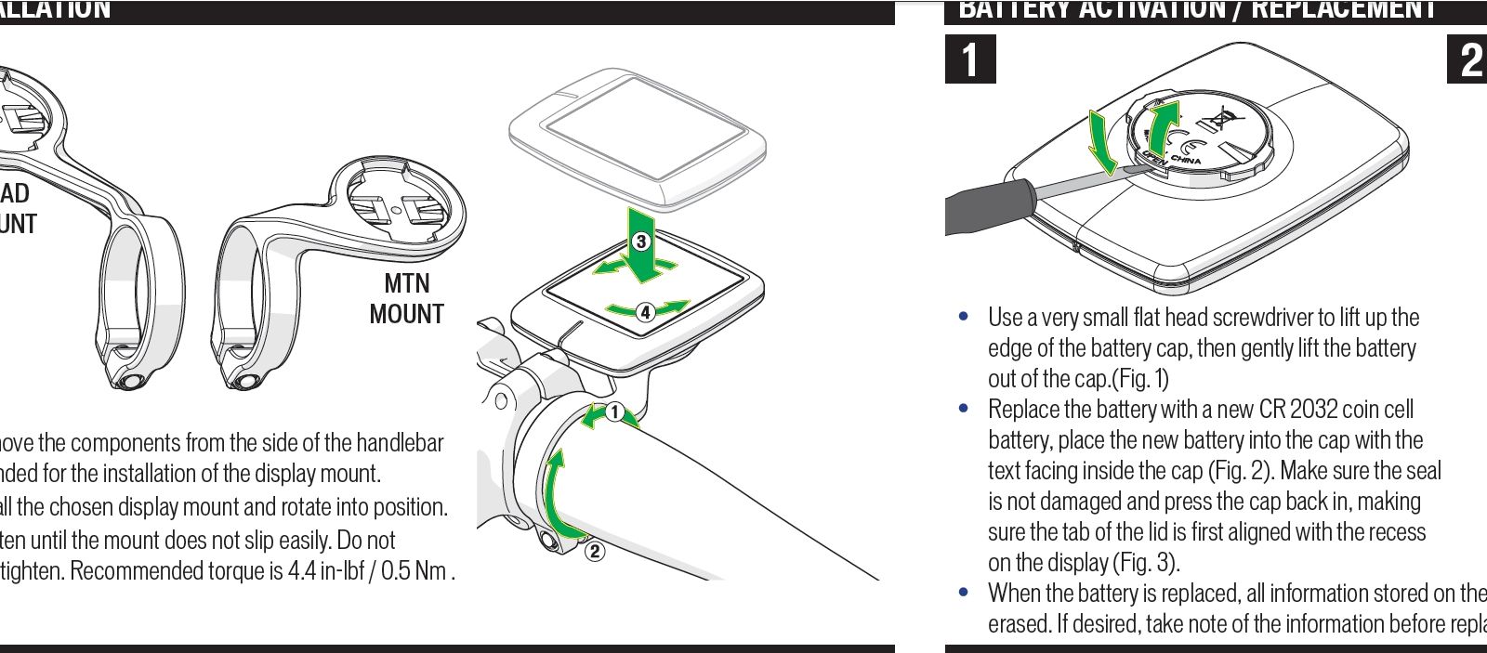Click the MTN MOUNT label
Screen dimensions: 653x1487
406,298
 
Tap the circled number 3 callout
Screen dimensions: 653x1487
640,242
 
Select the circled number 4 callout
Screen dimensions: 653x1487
645,312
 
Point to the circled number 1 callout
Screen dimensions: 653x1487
613,411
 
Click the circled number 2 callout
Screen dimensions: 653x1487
595,552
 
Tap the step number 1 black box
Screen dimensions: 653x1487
970,59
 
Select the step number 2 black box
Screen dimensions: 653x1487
1469,59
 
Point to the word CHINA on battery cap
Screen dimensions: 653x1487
1185,161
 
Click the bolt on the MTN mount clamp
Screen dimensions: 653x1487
245,380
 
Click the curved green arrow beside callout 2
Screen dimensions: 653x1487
553,492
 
